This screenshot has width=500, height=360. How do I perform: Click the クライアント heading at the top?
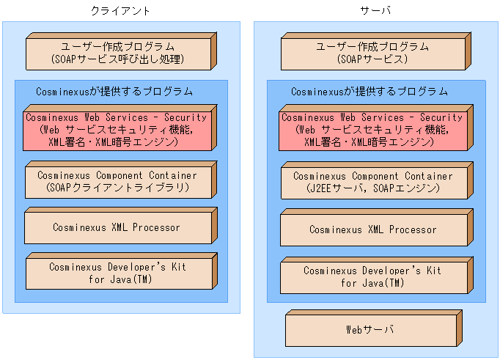point(120,10)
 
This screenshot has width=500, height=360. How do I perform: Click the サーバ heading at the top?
point(375,10)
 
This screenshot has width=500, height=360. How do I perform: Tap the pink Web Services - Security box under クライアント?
point(117,130)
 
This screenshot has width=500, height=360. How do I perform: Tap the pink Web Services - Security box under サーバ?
point(372,130)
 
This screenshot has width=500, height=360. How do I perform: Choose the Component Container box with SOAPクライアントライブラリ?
point(117,182)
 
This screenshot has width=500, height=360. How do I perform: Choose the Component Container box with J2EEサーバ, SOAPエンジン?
point(372,183)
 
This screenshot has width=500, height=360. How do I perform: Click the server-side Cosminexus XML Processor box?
point(372,229)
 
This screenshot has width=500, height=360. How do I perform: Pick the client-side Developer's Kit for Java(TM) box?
point(117,273)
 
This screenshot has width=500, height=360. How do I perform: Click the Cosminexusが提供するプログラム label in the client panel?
point(114,92)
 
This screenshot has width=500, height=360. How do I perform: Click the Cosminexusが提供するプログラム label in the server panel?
point(370,92)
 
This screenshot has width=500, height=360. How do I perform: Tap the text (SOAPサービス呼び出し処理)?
point(117,59)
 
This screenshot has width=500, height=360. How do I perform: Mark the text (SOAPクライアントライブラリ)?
point(117,188)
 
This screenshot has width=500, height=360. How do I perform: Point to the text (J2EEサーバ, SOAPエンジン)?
point(372,188)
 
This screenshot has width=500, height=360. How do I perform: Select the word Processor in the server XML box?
point(413,229)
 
